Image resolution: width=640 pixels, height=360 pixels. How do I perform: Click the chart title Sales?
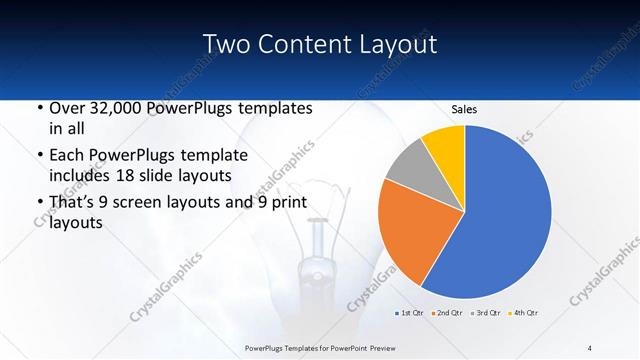pos(464,109)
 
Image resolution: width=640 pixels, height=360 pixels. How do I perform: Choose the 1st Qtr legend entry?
pos(411,314)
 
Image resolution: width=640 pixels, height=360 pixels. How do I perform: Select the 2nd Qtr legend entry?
pos(446,314)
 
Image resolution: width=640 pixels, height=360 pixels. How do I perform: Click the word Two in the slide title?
pos(224,44)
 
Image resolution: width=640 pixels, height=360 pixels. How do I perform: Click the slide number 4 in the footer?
pos(590,346)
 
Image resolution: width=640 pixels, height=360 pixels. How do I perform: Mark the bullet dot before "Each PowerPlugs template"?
pos(39,156)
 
